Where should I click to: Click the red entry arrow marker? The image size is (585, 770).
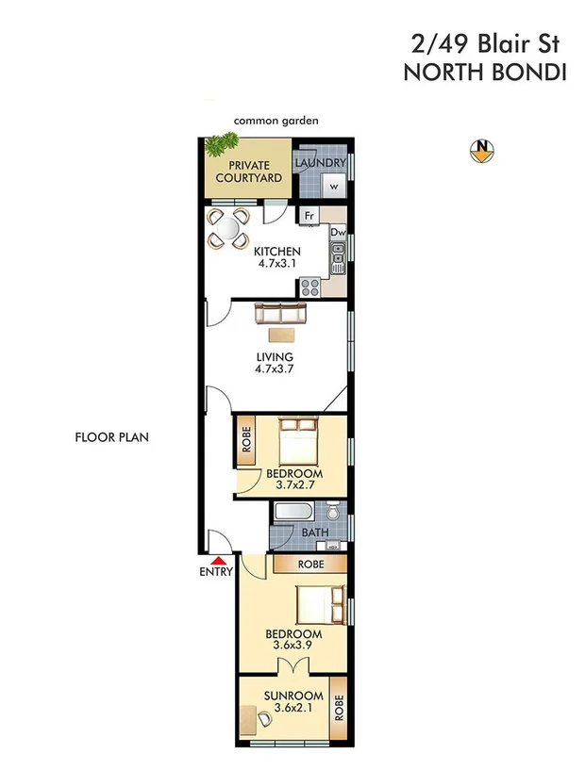point(214,562)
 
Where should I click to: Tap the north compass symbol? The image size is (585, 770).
point(482,150)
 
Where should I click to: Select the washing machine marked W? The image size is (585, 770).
point(332,186)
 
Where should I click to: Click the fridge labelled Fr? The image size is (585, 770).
point(308,216)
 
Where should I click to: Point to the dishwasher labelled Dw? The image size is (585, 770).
point(337,231)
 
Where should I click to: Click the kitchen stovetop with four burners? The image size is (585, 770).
point(310,287)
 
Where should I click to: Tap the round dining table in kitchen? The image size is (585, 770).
point(227,228)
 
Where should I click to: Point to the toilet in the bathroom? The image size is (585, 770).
point(334,514)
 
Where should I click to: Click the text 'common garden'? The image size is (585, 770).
point(276,121)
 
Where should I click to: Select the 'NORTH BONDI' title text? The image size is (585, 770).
point(484,73)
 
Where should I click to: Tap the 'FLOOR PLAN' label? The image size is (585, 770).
point(111,437)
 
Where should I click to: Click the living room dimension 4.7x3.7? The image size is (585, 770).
point(275,370)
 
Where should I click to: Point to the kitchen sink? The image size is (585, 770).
point(337,255)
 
